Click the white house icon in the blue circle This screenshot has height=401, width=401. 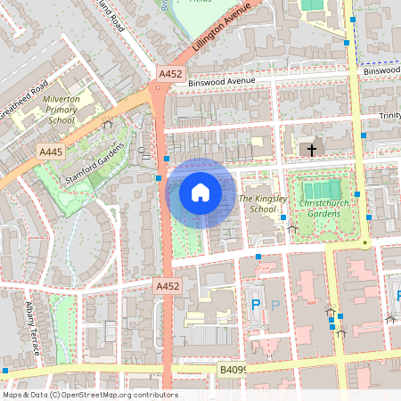tap(200, 192)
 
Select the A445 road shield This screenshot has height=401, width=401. tap(51, 153)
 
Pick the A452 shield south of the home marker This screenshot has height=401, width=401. tap(168, 286)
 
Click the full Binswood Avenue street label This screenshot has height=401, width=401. tap(223, 82)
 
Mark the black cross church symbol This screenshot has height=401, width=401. tap(311, 150)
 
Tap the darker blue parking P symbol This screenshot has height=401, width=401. tap(256, 305)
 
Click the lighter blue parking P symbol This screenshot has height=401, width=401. tap(275, 305)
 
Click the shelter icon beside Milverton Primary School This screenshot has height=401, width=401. tap(108, 125)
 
